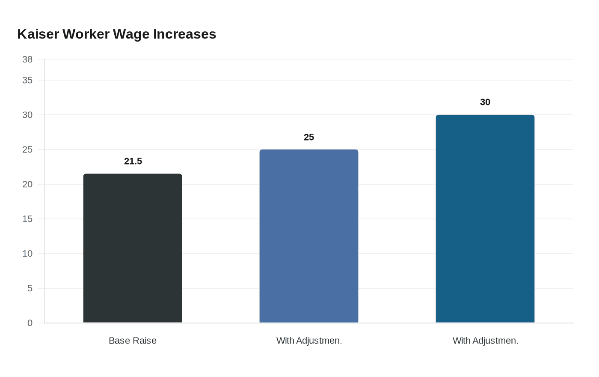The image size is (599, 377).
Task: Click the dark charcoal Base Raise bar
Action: point(133,248)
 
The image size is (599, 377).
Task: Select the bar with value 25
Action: point(309,236)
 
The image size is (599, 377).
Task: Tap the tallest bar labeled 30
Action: point(485,219)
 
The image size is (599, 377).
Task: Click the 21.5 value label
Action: point(133,162)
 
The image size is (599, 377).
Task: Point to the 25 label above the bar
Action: point(309,138)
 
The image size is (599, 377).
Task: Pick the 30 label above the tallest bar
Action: point(485,102)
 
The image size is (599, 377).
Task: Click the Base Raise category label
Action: point(133,341)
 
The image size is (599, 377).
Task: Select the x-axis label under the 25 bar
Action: point(309,341)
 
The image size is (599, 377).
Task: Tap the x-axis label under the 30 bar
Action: point(485,341)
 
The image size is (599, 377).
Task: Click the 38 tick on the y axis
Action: point(27,60)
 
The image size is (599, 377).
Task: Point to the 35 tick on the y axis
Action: point(27,80)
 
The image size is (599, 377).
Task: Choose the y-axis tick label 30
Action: point(27,115)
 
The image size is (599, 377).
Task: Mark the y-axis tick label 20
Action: point(27,184)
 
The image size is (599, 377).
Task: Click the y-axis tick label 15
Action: point(27,219)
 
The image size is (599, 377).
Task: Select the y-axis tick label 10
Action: point(27,254)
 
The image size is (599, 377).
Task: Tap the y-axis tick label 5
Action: point(30,288)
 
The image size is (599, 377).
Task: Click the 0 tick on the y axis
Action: point(30,323)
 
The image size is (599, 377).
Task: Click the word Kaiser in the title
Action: point(38,34)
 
